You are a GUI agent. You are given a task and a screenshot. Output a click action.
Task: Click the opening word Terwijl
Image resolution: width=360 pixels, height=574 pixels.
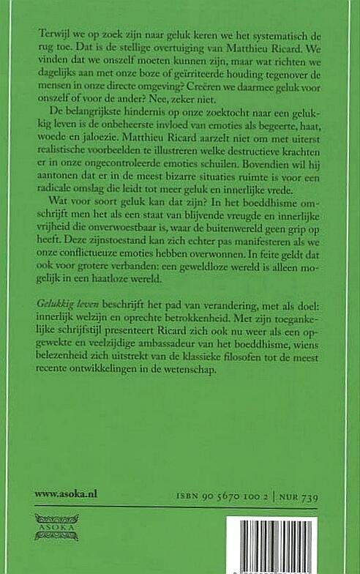[x=49, y=35]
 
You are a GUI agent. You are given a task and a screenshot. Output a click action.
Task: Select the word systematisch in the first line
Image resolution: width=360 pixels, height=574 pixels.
[x=272, y=35]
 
